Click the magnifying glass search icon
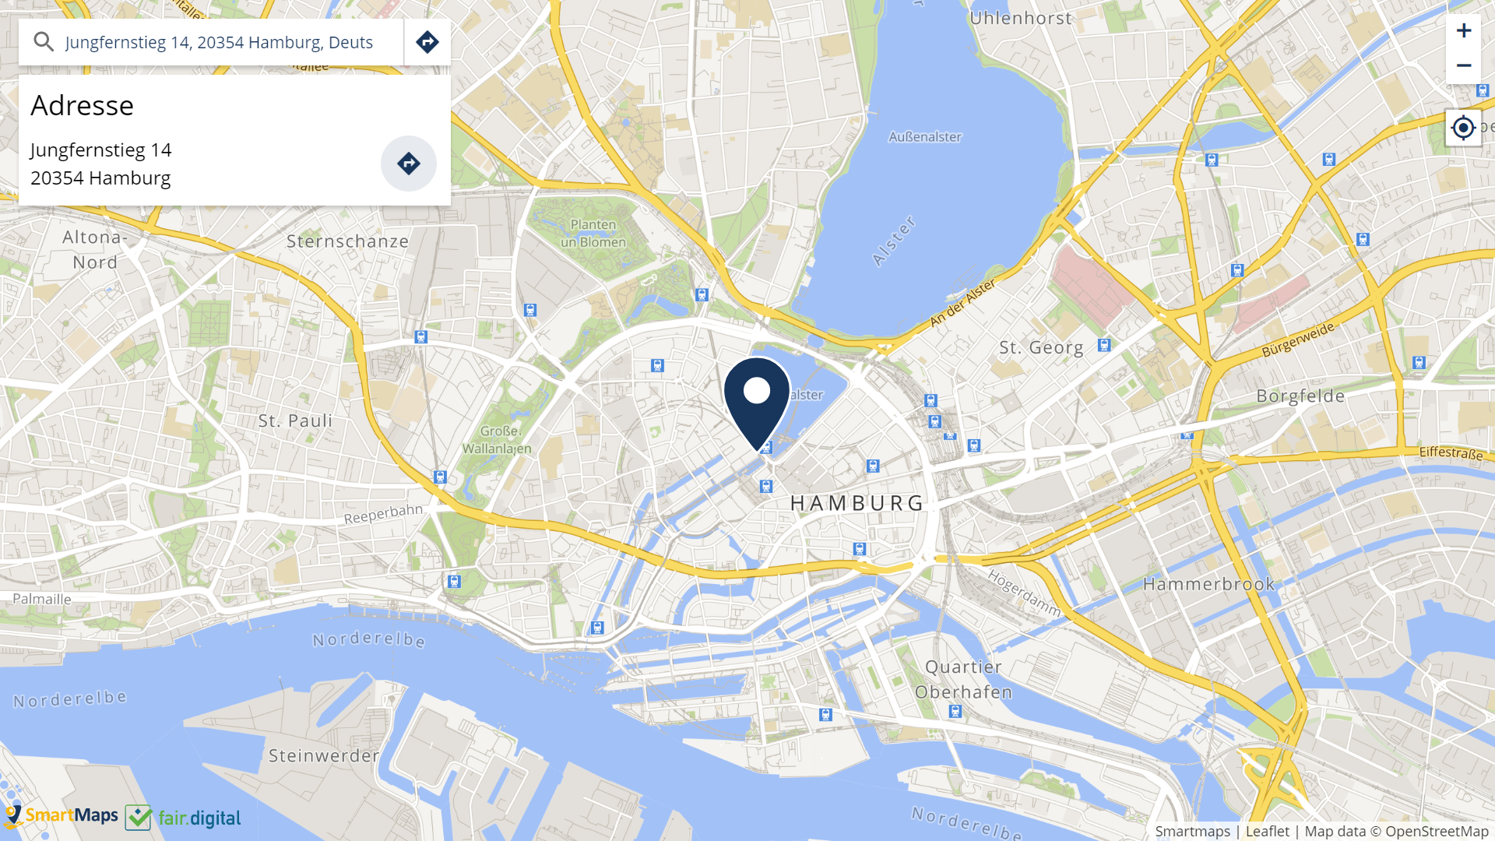(x=44, y=42)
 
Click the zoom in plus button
(x=1463, y=30)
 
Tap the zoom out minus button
(x=1463, y=66)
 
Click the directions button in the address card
(x=408, y=164)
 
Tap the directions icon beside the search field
(x=427, y=42)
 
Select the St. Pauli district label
(x=295, y=421)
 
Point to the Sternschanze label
(x=347, y=241)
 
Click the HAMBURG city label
(x=857, y=504)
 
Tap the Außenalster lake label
(x=925, y=137)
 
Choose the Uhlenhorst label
(x=1020, y=19)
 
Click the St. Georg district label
(x=1041, y=348)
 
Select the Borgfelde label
(x=1300, y=396)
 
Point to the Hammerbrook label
(x=1208, y=584)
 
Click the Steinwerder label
(x=324, y=755)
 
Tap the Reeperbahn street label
(x=383, y=514)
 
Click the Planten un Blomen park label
(x=593, y=234)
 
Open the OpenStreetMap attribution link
(x=1436, y=831)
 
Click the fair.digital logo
(x=184, y=818)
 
